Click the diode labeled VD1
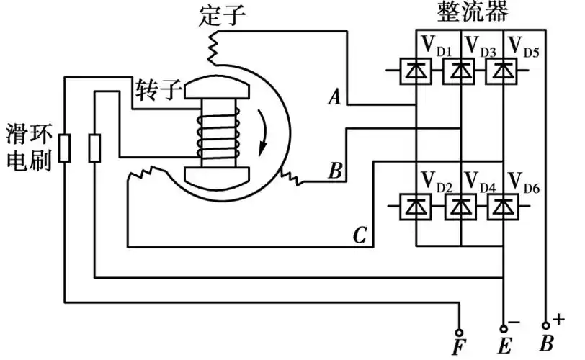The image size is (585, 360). [x=416, y=71]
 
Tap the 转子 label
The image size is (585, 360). [x=156, y=90]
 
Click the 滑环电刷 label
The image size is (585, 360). [x=27, y=148]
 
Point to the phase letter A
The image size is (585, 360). [x=333, y=97]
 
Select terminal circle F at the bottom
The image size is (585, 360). [x=459, y=325]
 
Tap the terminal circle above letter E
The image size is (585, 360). [x=504, y=325]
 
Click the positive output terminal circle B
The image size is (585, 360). [x=546, y=325]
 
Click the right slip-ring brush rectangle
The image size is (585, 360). [x=94, y=148]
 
